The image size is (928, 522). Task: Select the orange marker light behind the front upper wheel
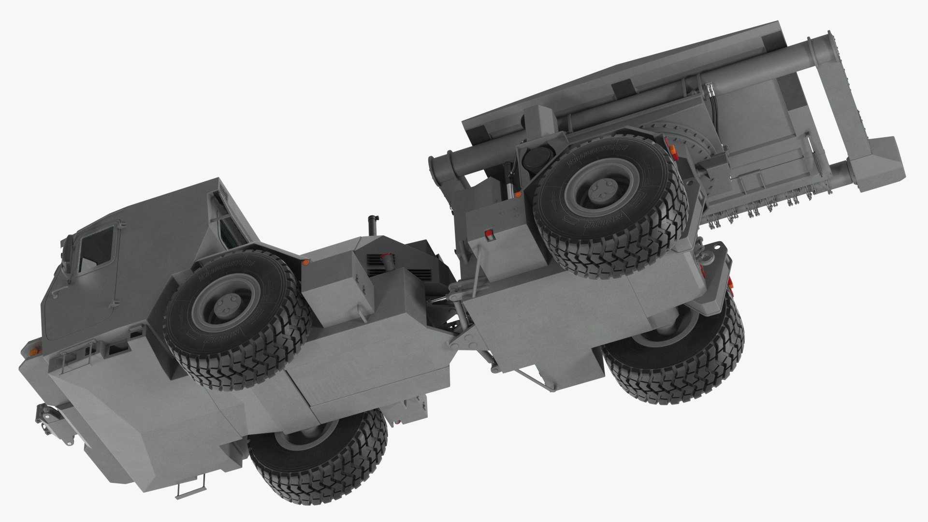coord(305,262)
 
